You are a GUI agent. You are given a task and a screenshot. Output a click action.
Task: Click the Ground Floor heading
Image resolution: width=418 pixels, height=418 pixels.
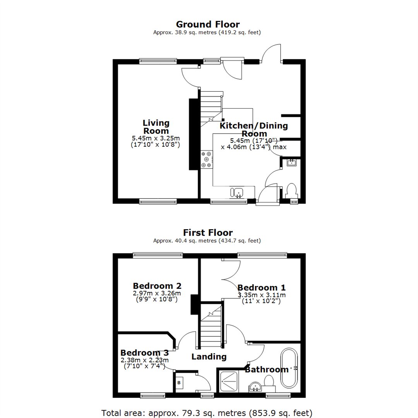click(x=208, y=25)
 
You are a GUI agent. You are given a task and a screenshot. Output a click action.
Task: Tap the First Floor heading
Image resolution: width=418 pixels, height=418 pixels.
click(x=208, y=233)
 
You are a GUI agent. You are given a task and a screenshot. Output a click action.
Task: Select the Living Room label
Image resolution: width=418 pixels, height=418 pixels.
click(x=156, y=127)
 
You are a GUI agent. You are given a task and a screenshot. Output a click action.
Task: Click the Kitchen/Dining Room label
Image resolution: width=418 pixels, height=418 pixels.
click(x=254, y=130)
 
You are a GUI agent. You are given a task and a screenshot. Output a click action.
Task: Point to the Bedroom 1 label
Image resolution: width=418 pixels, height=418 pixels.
click(x=262, y=288)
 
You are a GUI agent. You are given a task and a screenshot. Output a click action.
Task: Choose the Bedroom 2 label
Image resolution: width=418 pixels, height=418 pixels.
click(x=157, y=286)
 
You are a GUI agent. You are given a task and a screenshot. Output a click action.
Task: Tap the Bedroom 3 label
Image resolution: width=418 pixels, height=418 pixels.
click(x=144, y=353)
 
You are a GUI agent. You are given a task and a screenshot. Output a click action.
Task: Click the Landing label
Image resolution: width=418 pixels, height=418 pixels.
click(x=209, y=356)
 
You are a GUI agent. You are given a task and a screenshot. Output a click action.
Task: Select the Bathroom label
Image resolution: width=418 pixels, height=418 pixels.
click(x=267, y=370)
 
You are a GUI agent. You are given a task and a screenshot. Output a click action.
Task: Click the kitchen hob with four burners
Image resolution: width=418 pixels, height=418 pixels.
click(x=207, y=159)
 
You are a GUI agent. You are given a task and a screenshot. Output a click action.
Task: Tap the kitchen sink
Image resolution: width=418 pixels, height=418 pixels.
click(x=238, y=192)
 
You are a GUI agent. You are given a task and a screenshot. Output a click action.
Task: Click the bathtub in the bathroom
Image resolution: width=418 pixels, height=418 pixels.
click(x=289, y=368)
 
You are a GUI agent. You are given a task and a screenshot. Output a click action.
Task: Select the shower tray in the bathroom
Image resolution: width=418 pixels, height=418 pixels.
click(x=231, y=381)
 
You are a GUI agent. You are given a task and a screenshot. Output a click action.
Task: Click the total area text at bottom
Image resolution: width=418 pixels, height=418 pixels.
click(x=206, y=413)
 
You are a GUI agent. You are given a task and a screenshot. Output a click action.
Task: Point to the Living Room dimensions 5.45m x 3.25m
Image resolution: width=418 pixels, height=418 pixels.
click(x=156, y=138)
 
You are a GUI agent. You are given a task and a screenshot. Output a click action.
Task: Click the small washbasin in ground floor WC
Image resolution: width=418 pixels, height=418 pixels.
click(x=291, y=163)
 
